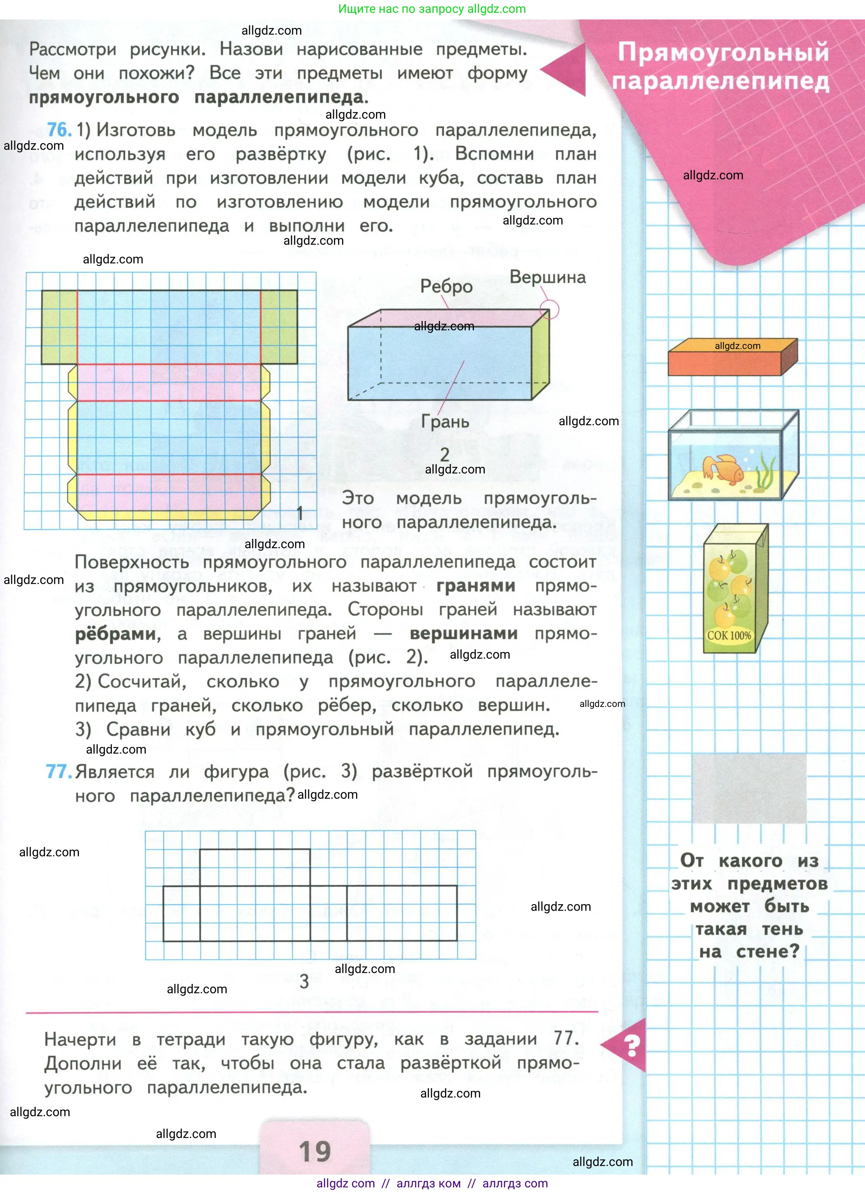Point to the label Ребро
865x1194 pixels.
446,286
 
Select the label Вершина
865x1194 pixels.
547,277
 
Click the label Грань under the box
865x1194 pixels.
445,422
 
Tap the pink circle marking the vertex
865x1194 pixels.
549,310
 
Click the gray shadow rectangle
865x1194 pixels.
749,788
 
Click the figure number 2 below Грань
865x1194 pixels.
445,454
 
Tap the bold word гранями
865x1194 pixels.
475,586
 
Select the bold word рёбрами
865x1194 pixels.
117,634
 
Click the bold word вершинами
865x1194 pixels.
463,634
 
